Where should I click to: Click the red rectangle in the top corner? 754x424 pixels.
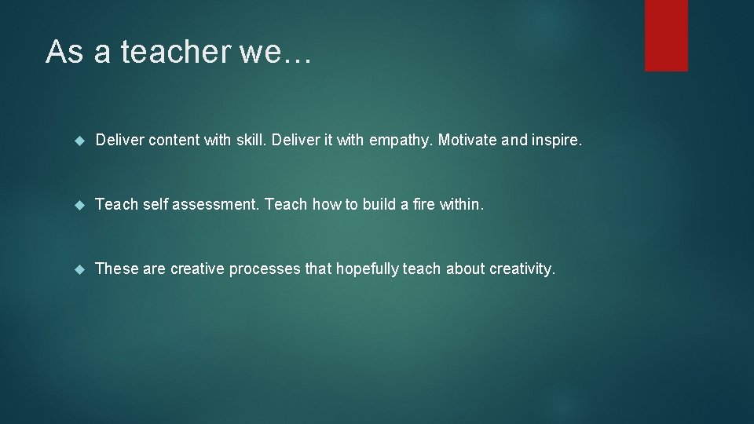[666, 35]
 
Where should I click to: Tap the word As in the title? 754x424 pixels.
[64, 52]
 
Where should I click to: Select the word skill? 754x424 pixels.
[251, 141]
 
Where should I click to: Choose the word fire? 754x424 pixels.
[425, 205]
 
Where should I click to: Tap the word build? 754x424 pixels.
[380, 205]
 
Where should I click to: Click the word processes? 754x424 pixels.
[265, 269]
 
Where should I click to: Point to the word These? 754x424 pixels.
[116, 269]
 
